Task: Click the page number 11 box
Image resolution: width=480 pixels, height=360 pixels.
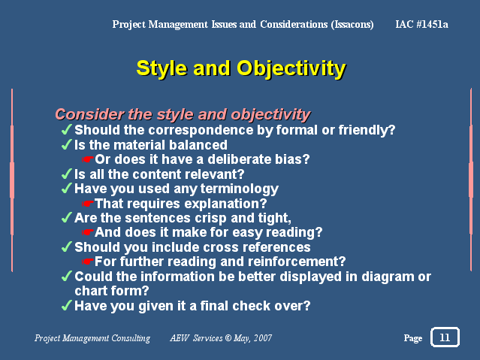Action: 445,337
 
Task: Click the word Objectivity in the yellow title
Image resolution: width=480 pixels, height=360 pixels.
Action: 291,69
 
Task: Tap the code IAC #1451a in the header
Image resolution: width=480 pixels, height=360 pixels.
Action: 422,24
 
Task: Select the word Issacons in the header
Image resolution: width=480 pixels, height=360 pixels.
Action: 352,25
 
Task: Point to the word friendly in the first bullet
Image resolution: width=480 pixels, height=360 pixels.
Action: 364,130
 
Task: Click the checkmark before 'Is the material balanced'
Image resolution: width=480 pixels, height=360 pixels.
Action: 67,144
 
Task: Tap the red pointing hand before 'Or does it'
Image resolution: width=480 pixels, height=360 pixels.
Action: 88,159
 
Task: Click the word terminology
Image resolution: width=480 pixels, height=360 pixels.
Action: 239,189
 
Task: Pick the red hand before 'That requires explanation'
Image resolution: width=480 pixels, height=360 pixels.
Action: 88,204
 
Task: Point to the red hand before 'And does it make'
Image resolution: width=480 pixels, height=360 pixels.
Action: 88,232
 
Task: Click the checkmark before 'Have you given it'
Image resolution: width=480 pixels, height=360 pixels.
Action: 67,305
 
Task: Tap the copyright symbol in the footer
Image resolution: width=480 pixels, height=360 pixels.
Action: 228,338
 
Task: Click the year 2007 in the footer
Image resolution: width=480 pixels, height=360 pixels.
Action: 263,338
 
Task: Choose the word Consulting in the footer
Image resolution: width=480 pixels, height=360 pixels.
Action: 131,338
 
